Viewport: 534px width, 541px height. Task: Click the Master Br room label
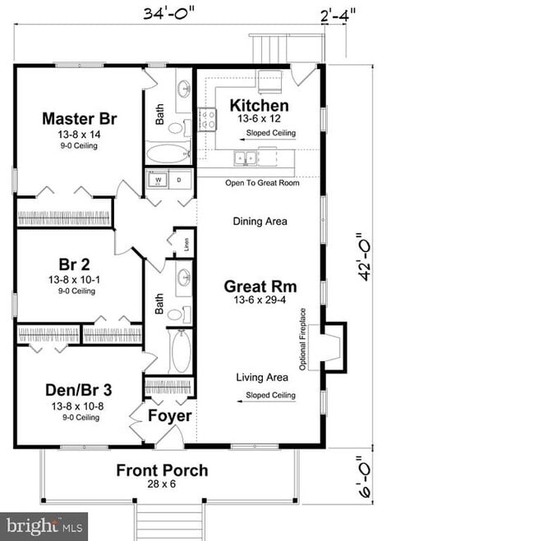(x=79, y=119)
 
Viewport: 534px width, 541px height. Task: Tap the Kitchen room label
(x=259, y=106)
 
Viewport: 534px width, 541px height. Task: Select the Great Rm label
(x=260, y=287)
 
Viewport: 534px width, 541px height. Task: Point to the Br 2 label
(x=74, y=264)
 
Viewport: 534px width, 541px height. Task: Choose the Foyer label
(x=170, y=416)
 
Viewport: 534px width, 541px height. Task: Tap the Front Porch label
(x=161, y=470)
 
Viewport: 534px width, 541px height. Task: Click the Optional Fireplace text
(x=303, y=338)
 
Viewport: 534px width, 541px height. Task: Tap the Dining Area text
(x=260, y=221)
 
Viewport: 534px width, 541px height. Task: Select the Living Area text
(x=262, y=378)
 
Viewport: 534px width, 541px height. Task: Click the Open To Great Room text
(x=262, y=182)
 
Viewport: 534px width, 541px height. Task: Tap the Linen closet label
(x=186, y=243)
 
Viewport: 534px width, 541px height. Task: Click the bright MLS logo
(x=45, y=525)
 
